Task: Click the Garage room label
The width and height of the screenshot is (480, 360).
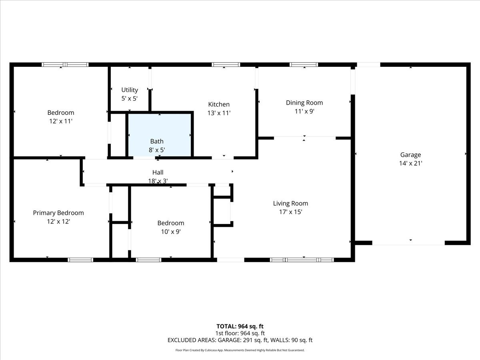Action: coord(410,155)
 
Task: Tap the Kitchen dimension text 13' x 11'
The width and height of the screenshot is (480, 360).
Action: coord(219,113)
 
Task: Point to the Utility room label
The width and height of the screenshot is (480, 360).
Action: coord(130,90)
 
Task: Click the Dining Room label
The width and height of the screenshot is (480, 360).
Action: coord(304,103)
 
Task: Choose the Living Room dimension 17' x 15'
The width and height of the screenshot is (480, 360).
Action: coord(290,212)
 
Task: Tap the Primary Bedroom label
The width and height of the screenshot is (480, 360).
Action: coord(58,213)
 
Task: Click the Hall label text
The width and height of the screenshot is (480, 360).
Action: coord(158,172)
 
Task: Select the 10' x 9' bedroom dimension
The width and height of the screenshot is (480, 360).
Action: coord(170,232)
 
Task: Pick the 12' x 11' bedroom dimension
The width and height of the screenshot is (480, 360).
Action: coord(60,121)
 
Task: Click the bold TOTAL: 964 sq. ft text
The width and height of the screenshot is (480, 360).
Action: coord(240,326)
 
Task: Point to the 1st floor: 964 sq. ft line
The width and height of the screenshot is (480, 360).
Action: coord(240,333)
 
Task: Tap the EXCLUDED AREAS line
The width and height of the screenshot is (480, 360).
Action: coord(240,340)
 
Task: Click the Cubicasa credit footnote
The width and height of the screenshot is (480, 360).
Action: coord(240,350)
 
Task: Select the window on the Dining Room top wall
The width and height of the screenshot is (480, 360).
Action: coord(304,64)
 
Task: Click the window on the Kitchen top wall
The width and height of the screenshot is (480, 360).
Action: coord(226,64)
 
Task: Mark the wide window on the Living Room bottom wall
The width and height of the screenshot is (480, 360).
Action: coord(302,260)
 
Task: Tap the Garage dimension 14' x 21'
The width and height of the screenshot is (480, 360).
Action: coord(410,163)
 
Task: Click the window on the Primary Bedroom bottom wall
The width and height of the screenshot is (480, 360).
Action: coord(80,260)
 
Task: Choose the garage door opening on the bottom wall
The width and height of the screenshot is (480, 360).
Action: coord(408,243)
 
